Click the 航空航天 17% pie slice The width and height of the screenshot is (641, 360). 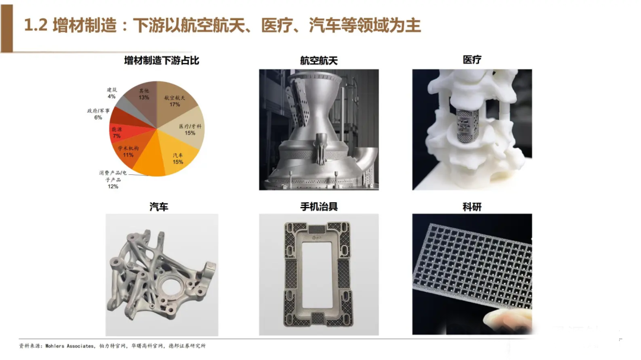[x=176, y=101]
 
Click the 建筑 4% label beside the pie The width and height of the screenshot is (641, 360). [x=112, y=93]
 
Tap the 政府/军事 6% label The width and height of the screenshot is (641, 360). [x=98, y=114]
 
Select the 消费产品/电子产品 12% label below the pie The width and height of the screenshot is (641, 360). [x=113, y=179]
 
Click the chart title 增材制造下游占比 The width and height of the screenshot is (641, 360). [x=161, y=60]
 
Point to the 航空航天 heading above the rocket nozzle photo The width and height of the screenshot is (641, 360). [x=319, y=60]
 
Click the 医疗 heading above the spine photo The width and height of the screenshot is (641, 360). [x=472, y=60]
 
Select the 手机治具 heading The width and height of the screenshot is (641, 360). [x=319, y=206]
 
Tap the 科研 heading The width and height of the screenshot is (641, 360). [x=472, y=207]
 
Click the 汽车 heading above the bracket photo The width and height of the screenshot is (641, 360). [x=158, y=207]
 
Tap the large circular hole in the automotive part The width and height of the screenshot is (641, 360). [x=173, y=285]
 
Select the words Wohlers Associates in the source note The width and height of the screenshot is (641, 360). [x=69, y=346]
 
